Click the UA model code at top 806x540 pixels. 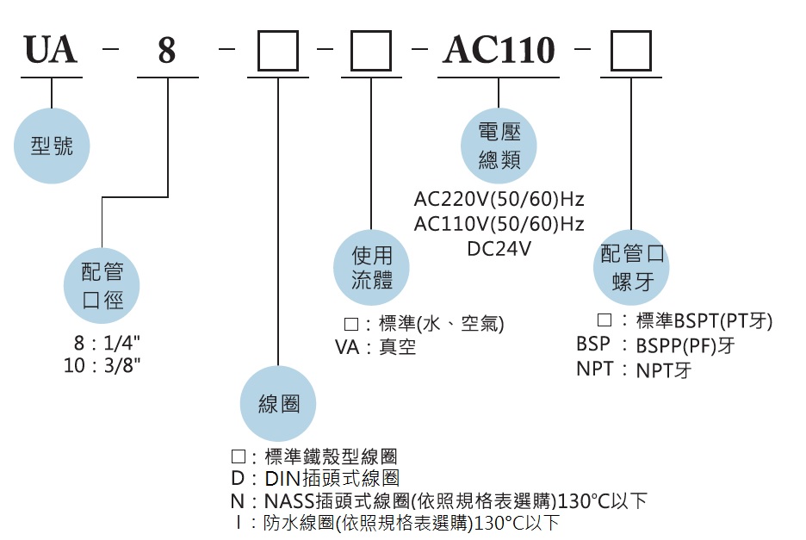51,52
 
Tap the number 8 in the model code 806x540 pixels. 166,53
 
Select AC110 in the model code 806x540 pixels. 499,51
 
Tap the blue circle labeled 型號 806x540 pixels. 53,146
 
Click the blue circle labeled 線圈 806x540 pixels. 278,404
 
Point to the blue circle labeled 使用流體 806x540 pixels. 372,268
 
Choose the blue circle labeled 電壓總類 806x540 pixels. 499,146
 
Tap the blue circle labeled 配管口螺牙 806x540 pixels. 634,268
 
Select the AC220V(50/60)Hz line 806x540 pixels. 499,200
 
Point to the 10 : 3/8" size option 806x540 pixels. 102,365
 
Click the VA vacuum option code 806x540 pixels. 348,348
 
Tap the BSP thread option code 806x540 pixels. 593,345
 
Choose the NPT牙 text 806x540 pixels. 664,371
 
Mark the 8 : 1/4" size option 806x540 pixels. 108,343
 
